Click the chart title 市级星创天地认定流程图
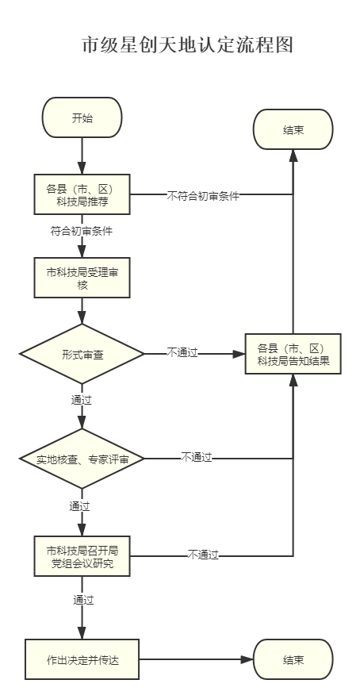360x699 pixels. (188, 45)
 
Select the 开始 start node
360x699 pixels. (82, 117)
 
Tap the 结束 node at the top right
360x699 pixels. (293, 130)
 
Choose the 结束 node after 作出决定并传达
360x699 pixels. (293, 659)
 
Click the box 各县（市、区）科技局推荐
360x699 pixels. (82, 194)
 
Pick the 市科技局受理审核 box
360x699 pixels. (82, 277)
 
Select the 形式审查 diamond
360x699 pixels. (82, 354)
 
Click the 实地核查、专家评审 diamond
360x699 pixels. (82, 459)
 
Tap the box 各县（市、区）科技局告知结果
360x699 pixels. (293, 354)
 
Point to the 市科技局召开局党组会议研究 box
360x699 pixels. (82, 556)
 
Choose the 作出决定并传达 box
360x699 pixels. (82, 659)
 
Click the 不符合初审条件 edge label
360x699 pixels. (203, 196)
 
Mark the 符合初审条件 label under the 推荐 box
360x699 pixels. (82, 232)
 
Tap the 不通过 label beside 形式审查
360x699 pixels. (182, 353)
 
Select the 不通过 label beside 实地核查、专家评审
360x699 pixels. (196, 457)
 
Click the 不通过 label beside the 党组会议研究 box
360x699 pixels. (203, 555)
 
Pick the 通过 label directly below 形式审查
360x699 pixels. (82, 401)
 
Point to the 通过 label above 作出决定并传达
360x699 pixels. (84, 600)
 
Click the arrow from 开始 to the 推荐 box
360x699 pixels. (82, 156)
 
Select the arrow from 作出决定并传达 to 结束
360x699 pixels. (196, 659)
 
